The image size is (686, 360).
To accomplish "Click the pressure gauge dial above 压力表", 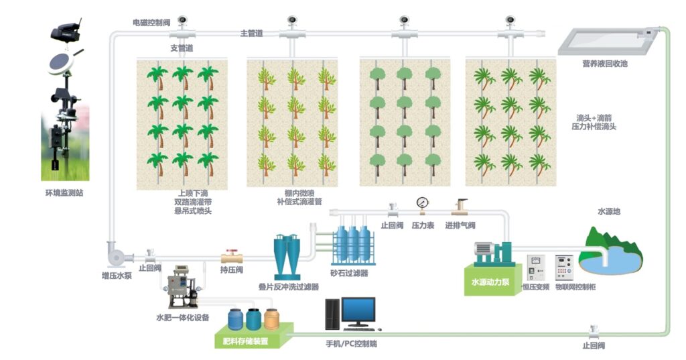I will tap(422, 202).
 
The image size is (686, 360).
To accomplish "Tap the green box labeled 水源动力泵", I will tap(487, 281).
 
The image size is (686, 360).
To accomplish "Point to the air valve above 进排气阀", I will tap(460, 204).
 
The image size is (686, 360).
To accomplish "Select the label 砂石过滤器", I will tap(349, 273).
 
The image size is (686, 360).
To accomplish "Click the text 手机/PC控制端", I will tap(347, 344).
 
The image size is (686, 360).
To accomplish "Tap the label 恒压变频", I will tap(536, 287).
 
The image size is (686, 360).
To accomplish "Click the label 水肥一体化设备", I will tap(183, 317).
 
